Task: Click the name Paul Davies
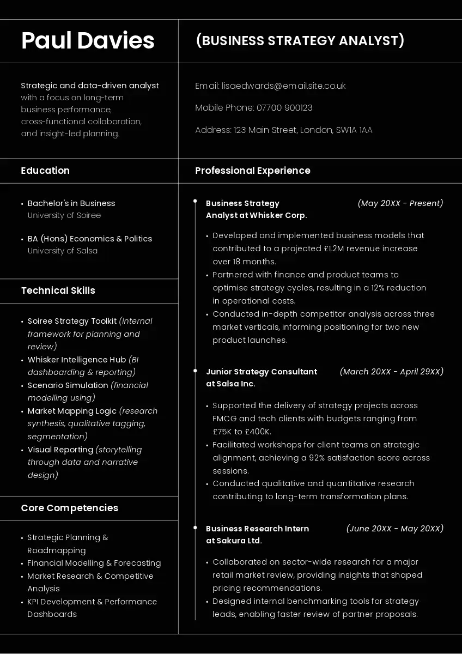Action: [88, 41]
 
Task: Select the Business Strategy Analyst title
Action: [300, 41]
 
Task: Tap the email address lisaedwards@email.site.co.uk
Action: [284, 86]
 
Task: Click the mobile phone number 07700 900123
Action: [284, 108]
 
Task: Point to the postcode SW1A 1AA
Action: [354, 130]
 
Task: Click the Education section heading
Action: [45, 171]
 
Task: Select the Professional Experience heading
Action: [253, 171]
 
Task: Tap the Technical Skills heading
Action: [58, 290]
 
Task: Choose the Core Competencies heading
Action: [69, 508]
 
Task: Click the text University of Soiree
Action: [64, 215]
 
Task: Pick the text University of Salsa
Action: [63, 251]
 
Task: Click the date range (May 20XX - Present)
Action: [400, 203]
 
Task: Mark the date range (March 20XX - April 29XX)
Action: [392, 372]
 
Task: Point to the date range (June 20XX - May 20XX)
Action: [395, 529]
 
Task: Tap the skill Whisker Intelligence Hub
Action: [77, 360]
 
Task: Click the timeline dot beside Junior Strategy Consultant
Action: [195, 371]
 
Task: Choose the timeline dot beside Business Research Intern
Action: [195, 528]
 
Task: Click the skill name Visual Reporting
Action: [60, 450]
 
